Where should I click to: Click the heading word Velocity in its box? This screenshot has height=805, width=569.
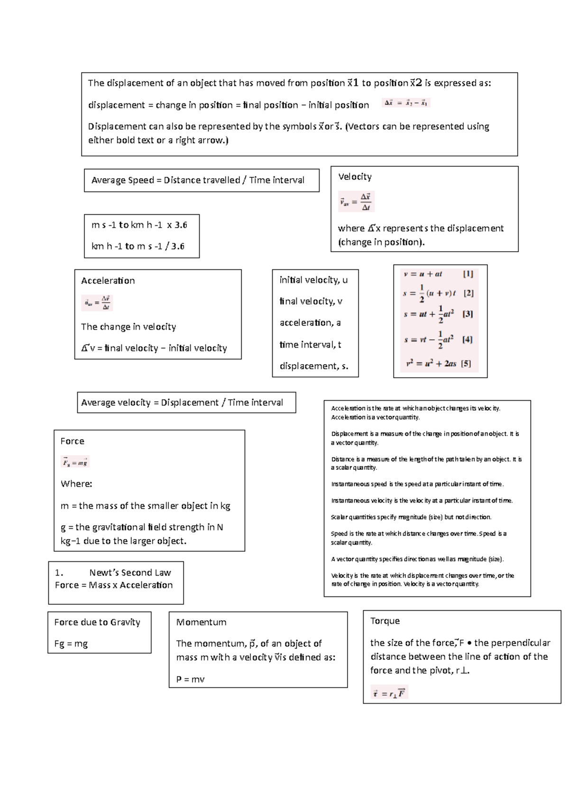[355, 177]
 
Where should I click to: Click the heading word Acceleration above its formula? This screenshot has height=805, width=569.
[108, 281]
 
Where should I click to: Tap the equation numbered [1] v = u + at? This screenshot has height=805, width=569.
[423, 274]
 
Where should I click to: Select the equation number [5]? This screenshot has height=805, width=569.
[466, 364]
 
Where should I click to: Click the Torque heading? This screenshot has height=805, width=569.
[385, 621]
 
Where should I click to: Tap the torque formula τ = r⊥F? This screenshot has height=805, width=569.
[389, 694]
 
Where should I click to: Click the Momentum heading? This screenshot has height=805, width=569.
[201, 622]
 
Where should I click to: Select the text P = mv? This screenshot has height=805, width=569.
[190, 679]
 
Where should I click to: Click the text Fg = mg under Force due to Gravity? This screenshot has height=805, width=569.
[71, 644]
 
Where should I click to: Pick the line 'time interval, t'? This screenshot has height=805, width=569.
[310, 345]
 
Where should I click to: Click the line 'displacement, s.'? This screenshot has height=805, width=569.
[313, 366]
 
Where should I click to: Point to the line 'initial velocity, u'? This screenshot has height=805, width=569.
[313, 280]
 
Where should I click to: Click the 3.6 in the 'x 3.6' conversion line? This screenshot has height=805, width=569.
[181, 225]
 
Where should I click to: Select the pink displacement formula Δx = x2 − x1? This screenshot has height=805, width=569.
[406, 103]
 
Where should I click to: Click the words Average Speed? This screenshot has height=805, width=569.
[122, 180]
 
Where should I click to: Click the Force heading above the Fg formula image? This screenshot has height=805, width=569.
[72, 441]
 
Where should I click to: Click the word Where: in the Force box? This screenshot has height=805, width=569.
[76, 484]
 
